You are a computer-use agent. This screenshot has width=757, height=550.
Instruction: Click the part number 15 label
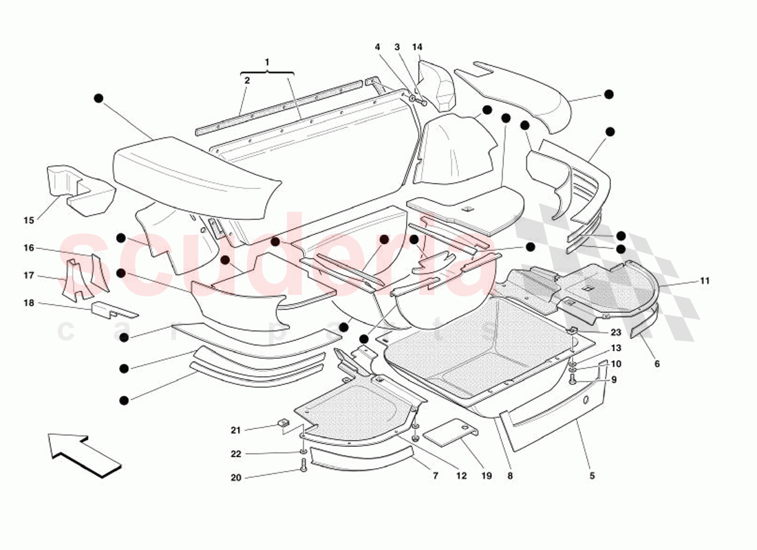click(x=29, y=221)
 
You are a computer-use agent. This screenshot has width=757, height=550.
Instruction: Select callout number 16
click(x=29, y=248)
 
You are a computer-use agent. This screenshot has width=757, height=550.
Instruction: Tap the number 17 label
click(x=29, y=276)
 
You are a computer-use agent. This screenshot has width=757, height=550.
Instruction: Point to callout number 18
click(x=29, y=303)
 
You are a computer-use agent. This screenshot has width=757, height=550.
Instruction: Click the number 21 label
click(x=236, y=430)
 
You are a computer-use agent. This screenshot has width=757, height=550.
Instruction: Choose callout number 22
click(x=236, y=454)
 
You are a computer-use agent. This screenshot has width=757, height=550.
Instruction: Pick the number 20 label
click(x=236, y=477)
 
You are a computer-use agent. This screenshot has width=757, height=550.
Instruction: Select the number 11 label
click(x=705, y=280)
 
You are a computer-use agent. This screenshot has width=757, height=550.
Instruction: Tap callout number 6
click(x=657, y=364)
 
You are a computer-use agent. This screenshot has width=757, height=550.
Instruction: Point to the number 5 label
click(x=592, y=475)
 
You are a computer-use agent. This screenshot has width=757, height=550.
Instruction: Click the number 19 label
click(x=487, y=475)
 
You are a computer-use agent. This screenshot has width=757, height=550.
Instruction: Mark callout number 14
click(x=417, y=47)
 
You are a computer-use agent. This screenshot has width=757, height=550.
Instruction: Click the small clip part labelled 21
click(x=282, y=423)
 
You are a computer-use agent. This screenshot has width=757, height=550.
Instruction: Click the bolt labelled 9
click(x=573, y=377)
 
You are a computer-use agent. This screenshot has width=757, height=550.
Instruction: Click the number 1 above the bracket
click(x=267, y=63)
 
